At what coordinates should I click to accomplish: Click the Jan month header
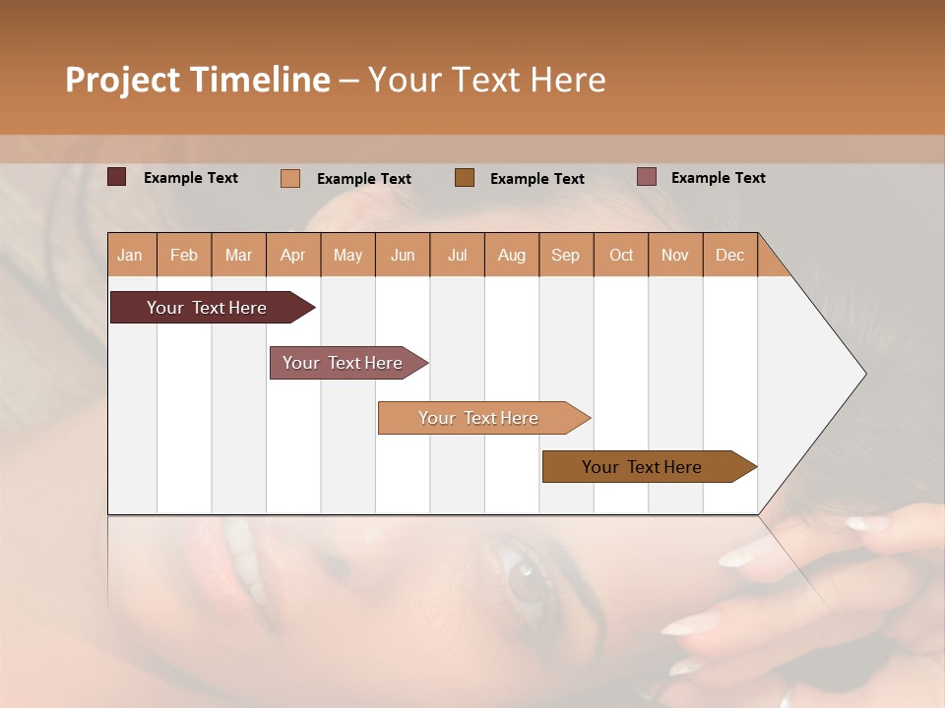[130, 255]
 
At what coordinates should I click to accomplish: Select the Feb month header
[184, 255]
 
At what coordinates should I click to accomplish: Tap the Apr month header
[293, 255]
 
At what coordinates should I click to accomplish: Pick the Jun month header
[403, 255]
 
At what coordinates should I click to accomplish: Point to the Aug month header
[512, 255]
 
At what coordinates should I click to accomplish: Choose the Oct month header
[621, 255]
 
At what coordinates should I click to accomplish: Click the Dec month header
[729, 255]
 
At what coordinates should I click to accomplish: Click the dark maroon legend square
[117, 177]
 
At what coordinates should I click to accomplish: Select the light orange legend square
[290, 178]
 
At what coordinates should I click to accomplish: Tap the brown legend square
[465, 177]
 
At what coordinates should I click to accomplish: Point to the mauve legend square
[647, 177]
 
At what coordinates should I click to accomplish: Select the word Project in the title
[122, 80]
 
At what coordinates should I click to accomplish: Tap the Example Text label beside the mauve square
[718, 178]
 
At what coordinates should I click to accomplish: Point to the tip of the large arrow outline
[863, 374]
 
